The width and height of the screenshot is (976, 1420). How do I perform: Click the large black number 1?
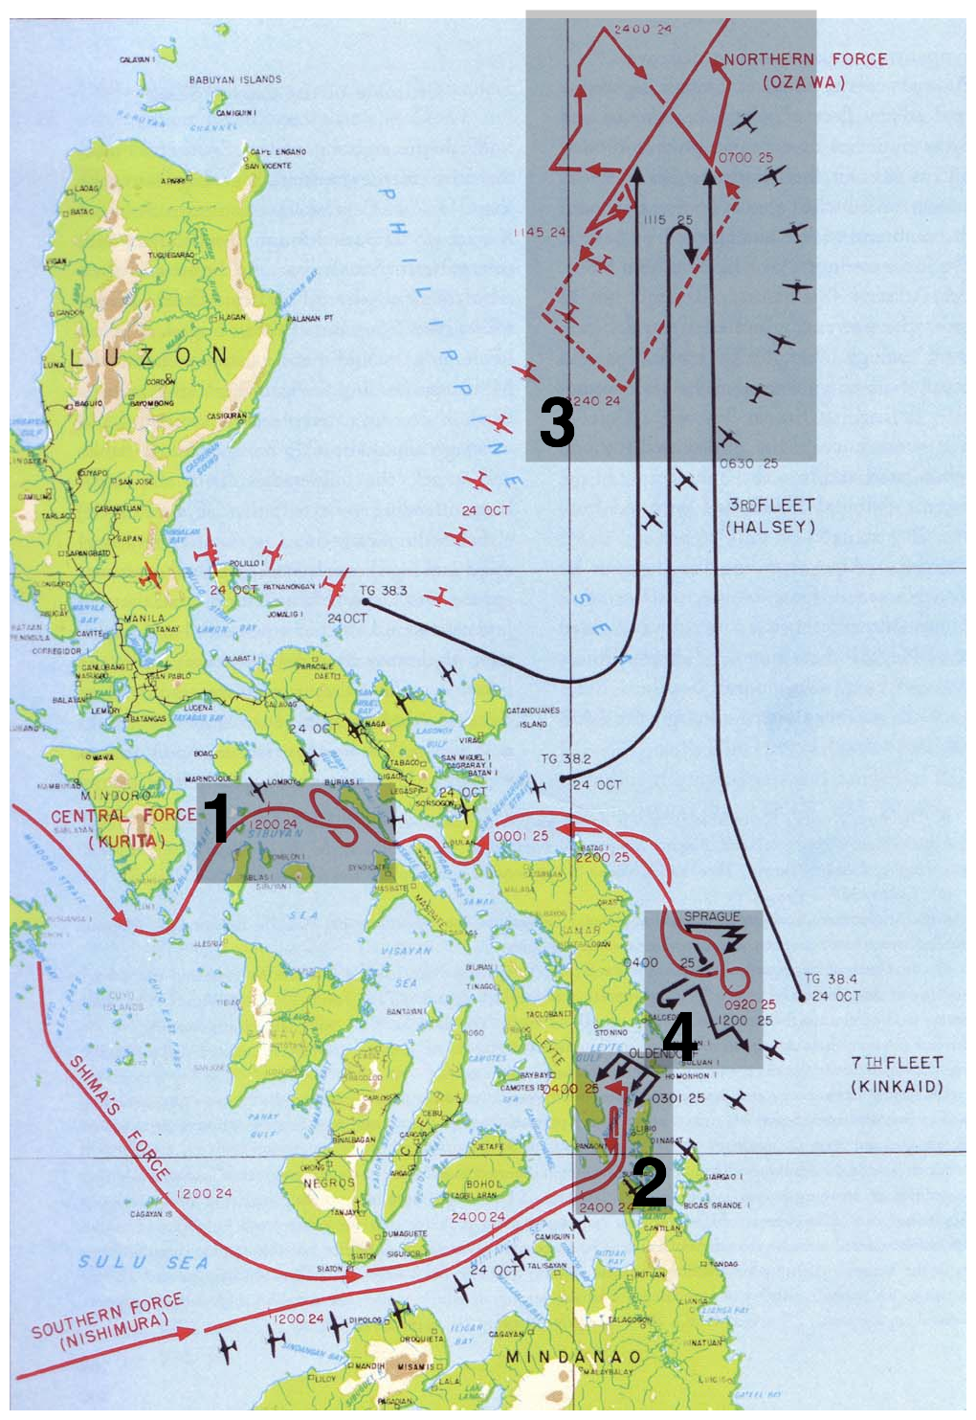pos(218,818)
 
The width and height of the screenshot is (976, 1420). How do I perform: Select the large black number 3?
pos(557,422)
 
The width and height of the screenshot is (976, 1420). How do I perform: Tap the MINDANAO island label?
pos(573,1357)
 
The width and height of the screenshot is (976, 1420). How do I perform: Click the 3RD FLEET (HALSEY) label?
pos(771,515)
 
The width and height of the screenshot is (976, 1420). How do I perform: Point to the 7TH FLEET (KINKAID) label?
pos(898,1074)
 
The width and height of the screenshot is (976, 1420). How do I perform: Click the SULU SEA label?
pos(144,1262)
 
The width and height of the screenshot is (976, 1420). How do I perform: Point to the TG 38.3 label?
pos(383,591)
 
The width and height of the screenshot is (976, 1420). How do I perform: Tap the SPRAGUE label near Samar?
pos(712,916)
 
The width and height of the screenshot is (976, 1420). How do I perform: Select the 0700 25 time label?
pos(745,157)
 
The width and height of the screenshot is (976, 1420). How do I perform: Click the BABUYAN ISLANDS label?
pos(235,79)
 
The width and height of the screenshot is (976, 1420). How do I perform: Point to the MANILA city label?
pos(144,619)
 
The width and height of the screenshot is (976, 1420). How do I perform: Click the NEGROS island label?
pos(329,1183)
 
